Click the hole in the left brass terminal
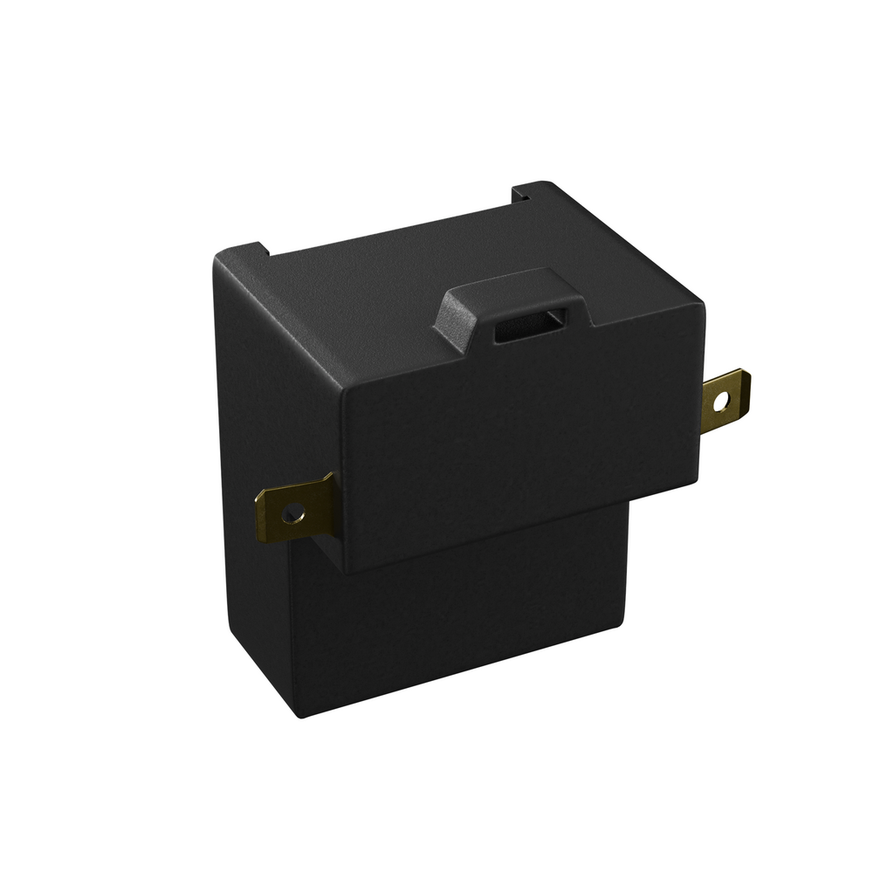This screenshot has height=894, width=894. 293,514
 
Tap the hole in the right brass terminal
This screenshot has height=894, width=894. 720,402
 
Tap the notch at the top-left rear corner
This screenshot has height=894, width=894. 264,250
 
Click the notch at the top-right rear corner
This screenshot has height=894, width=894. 522,194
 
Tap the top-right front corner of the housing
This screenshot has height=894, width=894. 703,305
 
